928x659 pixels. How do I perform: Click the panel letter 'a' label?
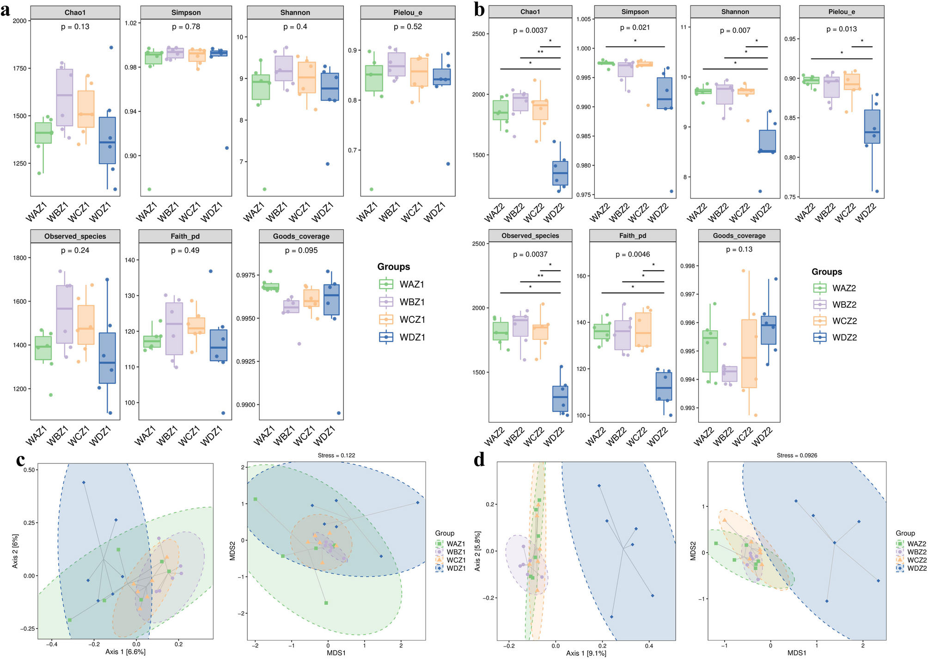[x=6, y=10]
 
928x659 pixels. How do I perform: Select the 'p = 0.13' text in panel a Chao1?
[x=75, y=27]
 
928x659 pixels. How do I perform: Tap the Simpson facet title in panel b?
[x=635, y=12]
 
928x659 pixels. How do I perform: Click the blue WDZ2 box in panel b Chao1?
[x=560, y=173]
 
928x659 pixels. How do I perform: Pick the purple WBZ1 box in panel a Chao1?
[x=65, y=97]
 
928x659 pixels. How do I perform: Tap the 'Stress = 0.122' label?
[x=336, y=456]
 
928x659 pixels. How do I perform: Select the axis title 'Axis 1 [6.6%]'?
[x=125, y=652]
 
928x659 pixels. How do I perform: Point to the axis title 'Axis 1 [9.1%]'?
[x=586, y=653]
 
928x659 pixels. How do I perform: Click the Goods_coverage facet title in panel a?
[x=301, y=236]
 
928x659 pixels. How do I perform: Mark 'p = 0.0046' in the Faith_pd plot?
[x=632, y=254]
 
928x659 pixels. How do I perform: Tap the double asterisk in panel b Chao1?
[x=540, y=52]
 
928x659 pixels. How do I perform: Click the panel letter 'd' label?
[x=479, y=461]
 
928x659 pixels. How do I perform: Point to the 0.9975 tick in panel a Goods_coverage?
[x=245, y=276]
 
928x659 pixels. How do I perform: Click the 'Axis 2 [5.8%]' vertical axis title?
[x=477, y=551]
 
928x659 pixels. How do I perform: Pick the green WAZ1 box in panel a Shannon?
[x=261, y=87]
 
